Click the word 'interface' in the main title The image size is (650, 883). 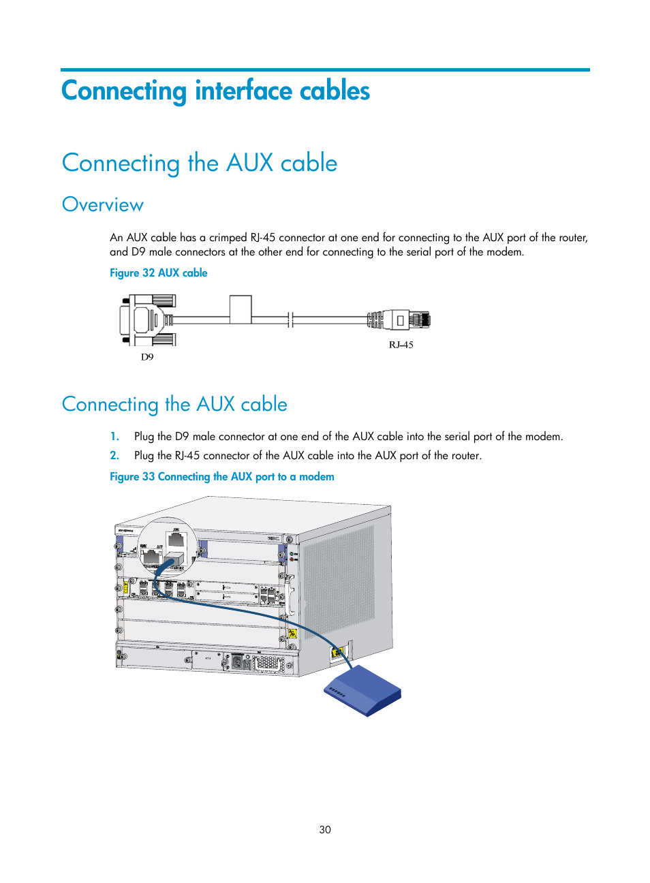(243, 91)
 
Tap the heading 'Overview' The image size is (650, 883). (103, 205)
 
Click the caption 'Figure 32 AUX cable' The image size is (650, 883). (159, 273)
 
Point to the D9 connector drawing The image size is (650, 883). (146, 320)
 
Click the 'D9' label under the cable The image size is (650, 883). (147, 357)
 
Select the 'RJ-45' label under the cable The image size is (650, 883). (401, 345)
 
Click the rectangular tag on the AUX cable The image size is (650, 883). (241, 309)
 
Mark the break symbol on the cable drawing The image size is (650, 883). (290, 320)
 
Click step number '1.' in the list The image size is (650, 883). (115, 437)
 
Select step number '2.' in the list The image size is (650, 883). (115, 456)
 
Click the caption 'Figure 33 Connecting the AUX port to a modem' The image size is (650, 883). (222, 477)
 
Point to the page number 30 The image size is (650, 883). (325, 830)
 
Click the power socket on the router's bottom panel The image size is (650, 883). (238, 662)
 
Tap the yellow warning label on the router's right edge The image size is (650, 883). (292, 634)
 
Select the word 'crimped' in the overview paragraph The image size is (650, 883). (228, 238)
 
